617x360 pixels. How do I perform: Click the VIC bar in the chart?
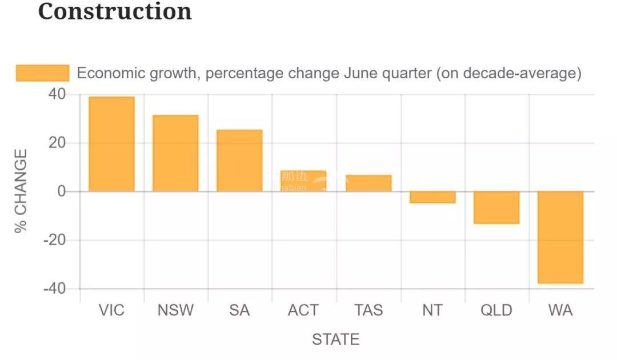click(111, 144)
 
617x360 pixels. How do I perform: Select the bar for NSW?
click(175, 153)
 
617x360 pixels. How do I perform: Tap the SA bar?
click(239, 161)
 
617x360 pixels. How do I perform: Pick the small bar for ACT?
click(303, 181)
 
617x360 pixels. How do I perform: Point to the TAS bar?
click(368, 183)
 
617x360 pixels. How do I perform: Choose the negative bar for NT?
click(432, 197)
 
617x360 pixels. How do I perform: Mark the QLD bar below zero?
click(496, 207)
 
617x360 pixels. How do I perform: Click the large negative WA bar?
click(560, 237)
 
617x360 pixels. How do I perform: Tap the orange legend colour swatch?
click(42, 73)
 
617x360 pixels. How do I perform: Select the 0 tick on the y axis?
click(62, 191)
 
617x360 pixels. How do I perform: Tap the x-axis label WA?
click(560, 310)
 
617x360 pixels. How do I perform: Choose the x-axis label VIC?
click(111, 310)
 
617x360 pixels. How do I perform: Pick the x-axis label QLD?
click(496, 310)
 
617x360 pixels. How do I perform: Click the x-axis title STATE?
click(336, 339)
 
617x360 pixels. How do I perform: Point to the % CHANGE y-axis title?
click(21, 191)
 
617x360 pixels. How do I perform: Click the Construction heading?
click(115, 11)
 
